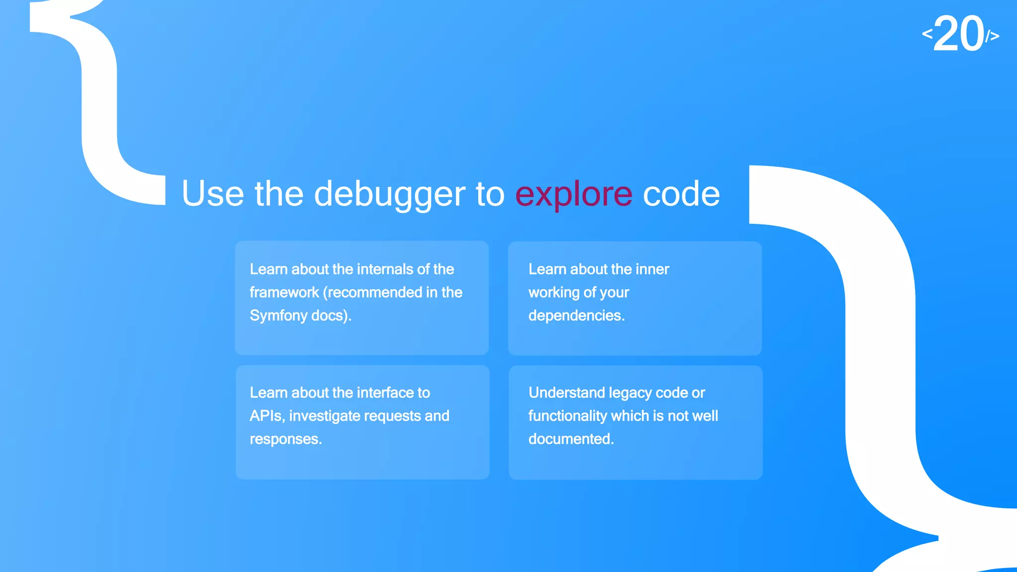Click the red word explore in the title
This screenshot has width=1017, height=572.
pos(574,194)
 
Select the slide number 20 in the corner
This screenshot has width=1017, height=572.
pos(959,34)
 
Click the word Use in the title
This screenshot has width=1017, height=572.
pos(213,194)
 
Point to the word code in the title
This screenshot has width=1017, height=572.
pos(681,194)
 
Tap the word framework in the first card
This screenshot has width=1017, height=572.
pos(284,292)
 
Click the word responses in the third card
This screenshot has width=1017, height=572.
pos(286,439)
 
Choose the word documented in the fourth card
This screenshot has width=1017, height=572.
pos(571,439)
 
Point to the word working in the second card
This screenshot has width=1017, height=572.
pos(554,292)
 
